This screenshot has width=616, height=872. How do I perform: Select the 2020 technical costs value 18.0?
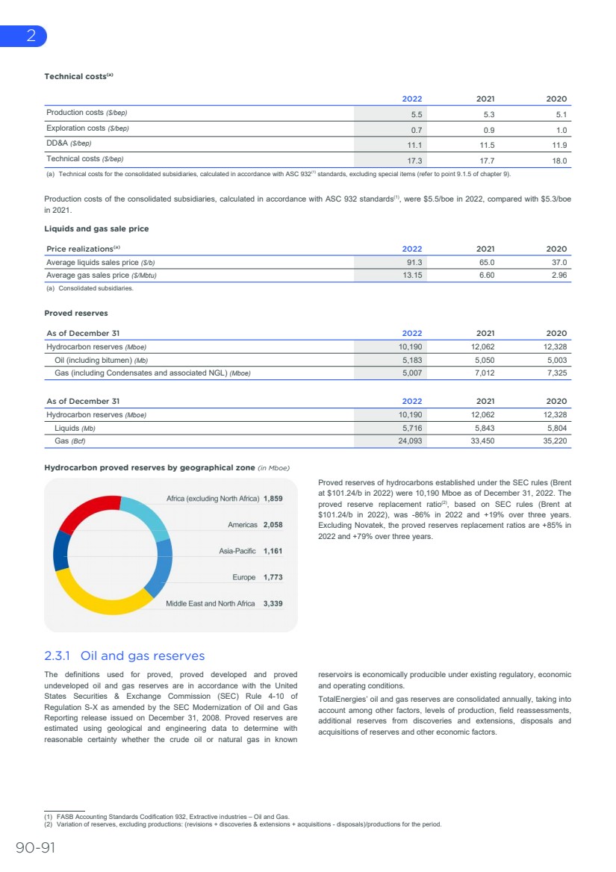point(559,161)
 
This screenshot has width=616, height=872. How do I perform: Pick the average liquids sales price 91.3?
point(414,263)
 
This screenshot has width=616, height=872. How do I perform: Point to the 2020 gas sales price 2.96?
point(558,275)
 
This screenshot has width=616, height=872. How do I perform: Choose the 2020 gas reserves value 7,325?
point(556,373)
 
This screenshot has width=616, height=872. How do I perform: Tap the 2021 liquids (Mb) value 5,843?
point(484,429)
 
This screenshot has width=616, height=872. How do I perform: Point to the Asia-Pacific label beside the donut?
point(237,551)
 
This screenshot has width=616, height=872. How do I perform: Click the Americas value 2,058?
point(273,525)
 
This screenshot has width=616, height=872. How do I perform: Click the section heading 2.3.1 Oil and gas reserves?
point(125,656)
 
